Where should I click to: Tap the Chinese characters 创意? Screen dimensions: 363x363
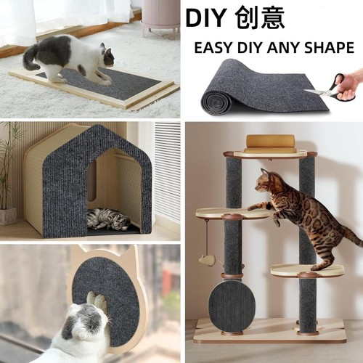coord(261,18)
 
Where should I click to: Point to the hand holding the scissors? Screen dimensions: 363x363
coord(350,84)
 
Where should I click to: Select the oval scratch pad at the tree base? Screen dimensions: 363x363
coord(230,306)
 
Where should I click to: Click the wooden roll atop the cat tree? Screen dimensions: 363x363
coord(269,142)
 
